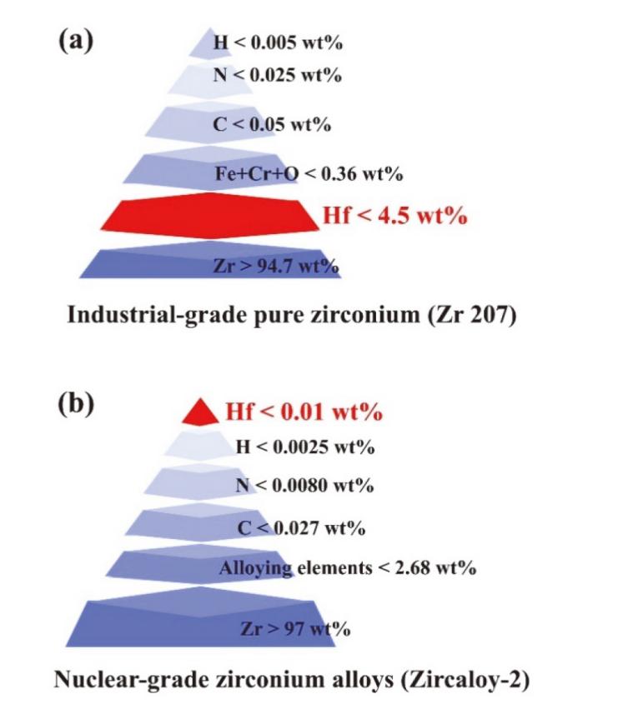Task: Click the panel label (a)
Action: (74, 41)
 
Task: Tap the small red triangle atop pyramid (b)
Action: (199, 411)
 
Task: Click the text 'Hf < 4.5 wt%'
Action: (394, 218)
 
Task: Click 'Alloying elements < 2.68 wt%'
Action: (347, 569)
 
